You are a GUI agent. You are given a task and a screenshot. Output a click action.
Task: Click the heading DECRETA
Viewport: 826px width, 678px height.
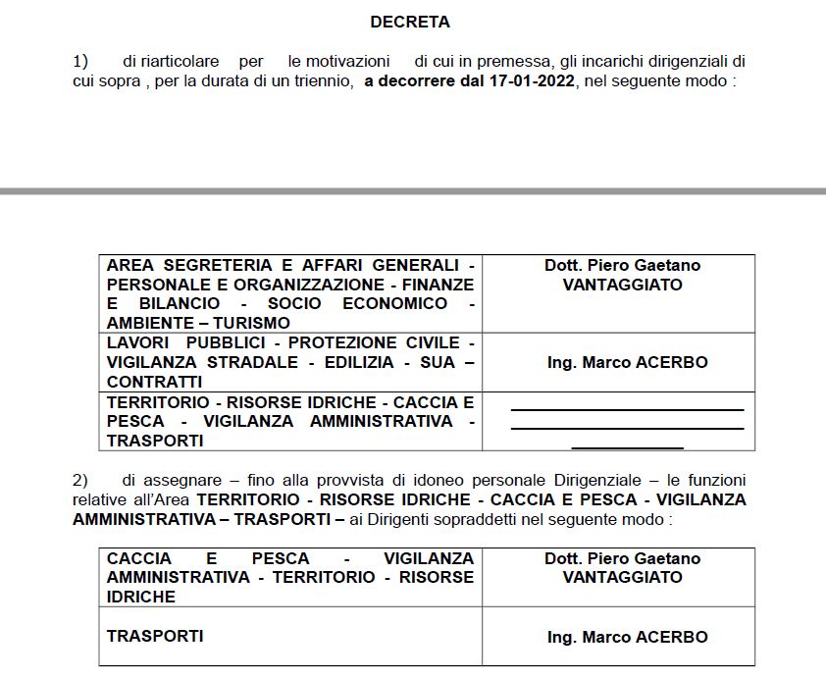[410, 22]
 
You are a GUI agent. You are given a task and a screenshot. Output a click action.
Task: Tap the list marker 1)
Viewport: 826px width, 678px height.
[80, 61]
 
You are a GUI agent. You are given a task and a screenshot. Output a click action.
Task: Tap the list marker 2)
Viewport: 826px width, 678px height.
[80, 481]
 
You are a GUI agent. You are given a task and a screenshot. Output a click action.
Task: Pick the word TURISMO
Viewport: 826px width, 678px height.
[253, 323]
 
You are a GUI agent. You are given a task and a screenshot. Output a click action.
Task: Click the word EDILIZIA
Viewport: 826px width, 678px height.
[370, 362]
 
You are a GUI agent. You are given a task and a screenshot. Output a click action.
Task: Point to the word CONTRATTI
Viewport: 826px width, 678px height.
[154, 382]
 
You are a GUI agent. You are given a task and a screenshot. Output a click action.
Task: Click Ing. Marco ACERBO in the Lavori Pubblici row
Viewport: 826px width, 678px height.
[627, 362]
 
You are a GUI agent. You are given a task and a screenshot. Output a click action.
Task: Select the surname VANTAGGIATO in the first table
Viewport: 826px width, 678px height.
[622, 285]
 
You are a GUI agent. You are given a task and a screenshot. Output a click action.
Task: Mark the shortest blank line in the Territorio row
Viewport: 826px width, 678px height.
[627, 447]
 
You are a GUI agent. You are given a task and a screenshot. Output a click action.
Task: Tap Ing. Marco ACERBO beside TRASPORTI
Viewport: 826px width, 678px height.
[627, 637]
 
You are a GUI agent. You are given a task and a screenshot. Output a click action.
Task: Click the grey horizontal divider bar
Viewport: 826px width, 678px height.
[413, 190]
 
